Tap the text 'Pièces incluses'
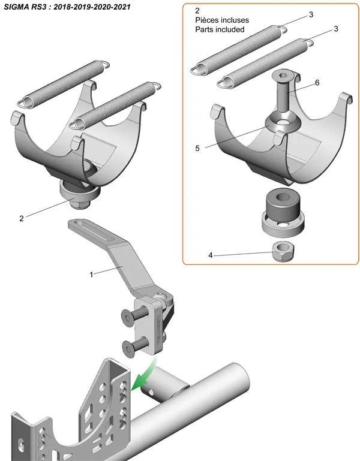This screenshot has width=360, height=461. pyautogui.click(x=221, y=20)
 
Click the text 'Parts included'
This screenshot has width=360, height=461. pyautogui.click(x=220, y=29)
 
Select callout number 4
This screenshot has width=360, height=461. pyautogui.click(x=211, y=255)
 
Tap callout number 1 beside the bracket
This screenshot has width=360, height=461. pyautogui.click(x=91, y=275)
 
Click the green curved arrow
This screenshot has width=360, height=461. pyautogui.click(x=143, y=373)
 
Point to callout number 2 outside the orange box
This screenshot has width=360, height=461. pyautogui.click(x=22, y=218)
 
